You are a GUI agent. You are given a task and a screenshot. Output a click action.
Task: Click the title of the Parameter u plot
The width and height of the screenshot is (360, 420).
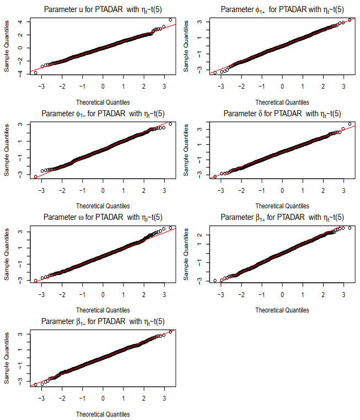103,9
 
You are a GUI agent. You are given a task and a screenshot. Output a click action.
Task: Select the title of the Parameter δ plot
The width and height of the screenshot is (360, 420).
282,114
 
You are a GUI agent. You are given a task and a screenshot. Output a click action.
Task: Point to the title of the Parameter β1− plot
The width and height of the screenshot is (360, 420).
103,321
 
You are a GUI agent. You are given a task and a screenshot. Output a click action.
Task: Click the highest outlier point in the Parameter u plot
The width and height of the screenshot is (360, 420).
170,20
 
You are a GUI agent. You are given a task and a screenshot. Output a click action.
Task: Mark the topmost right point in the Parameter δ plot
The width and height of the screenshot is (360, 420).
350,124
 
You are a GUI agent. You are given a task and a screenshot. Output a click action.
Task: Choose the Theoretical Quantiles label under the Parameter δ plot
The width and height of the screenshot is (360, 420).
282,206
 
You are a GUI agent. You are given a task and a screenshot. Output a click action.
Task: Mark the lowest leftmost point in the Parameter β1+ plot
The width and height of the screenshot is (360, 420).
215,281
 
